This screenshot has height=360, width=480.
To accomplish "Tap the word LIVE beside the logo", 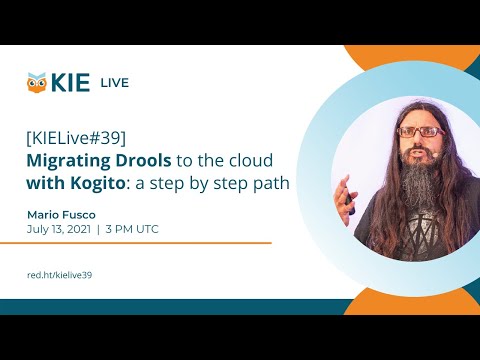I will (x=114, y=83).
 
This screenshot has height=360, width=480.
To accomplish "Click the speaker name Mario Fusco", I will (x=63, y=213).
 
